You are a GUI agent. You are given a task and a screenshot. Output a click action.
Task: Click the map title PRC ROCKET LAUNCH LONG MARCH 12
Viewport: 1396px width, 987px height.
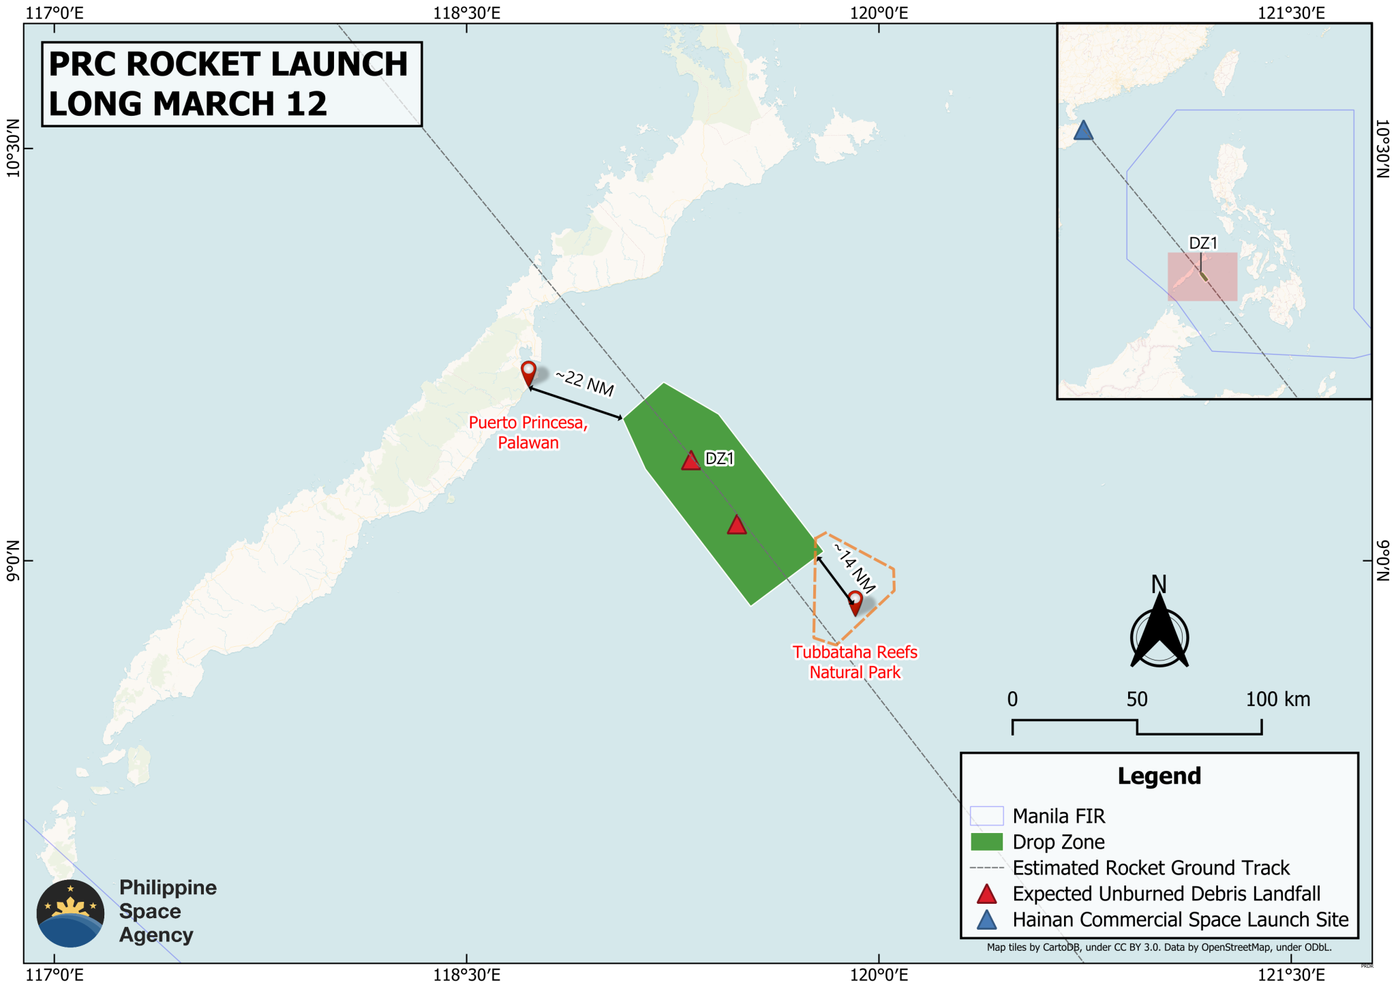point(231,84)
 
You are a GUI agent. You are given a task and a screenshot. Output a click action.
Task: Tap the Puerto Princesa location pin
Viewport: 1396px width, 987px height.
point(528,374)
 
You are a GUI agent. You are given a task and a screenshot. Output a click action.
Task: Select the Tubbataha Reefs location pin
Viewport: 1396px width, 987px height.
point(855,603)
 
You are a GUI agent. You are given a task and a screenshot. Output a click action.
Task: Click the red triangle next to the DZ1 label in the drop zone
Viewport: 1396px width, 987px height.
point(691,461)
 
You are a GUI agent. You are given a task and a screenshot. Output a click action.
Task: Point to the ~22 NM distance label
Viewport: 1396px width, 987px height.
point(585,382)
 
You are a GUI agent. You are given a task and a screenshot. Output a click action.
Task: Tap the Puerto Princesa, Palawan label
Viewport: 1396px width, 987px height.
point(528,432)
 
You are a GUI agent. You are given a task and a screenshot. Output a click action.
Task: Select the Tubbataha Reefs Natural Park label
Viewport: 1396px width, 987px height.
point(855,662)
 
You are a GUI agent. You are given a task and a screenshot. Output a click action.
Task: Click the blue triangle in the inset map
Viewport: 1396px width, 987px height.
point(1083,130)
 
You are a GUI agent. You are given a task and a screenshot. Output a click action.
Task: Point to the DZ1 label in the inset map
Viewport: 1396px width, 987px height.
point(1203,243)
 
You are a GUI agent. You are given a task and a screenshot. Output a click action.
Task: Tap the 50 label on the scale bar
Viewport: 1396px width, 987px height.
point(1137,699)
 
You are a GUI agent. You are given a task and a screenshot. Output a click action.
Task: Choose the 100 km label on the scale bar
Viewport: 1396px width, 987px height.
point(1277,699)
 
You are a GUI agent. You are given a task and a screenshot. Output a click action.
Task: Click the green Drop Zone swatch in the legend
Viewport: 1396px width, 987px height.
point(986,842)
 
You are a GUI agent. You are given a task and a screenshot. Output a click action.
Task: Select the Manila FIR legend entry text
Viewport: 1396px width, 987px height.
point(1059,816)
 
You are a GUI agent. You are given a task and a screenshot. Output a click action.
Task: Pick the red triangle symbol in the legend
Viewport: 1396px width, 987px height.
point(986,894)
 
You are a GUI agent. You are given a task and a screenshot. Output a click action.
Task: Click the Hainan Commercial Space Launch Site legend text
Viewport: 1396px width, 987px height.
point(1181,920)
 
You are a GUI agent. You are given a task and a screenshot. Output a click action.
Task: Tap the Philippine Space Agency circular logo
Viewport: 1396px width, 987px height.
point(70,913)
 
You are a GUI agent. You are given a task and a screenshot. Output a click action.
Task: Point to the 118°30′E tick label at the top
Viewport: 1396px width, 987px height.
point(467,13)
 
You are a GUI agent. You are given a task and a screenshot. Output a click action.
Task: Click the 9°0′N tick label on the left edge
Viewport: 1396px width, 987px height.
point(12,561)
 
